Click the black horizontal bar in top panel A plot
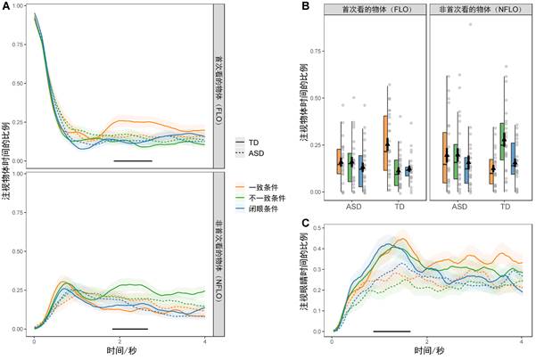(x=133, y=161)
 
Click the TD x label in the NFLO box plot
(x=506, y=205)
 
